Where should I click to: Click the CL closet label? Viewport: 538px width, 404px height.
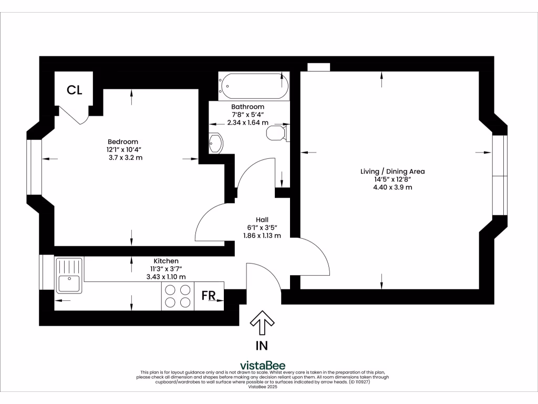pos(74,90)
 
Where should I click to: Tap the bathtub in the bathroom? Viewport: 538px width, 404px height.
pos(254,86)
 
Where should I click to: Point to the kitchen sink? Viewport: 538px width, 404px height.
pos(69,276)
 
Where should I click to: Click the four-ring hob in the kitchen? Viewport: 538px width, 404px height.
pos(178,296)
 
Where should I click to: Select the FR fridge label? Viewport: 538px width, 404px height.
pos(209,295)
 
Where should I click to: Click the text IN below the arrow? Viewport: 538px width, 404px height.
pos(261,346)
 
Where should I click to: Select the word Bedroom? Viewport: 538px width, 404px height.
pos(123,142)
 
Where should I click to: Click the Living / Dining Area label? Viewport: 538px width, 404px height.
pos(392,171)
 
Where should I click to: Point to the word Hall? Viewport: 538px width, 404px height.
pos(262,219)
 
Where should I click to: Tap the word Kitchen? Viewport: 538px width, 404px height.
pos(166,261)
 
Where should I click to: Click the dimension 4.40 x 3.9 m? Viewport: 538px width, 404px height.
pos(392,187)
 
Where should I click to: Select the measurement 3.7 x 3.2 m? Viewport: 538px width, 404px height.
pos(124,157)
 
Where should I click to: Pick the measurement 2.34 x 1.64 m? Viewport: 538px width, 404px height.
pos(247,123)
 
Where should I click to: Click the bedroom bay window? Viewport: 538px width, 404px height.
pos(34,167)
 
